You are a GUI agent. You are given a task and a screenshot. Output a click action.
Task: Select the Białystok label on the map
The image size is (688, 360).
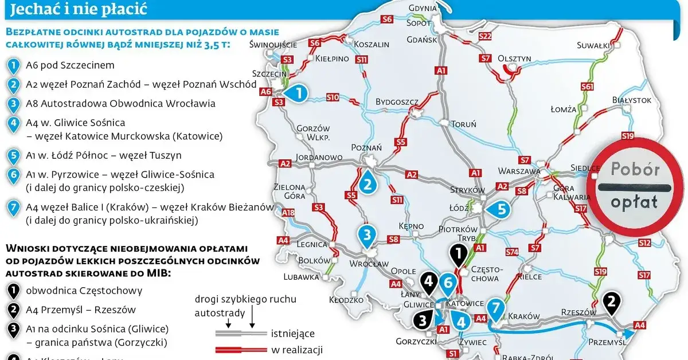pyautogui.click(x=632, y=100)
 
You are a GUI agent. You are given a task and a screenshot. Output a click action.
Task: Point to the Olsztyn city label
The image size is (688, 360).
pyautogui.click(x=514, y=58)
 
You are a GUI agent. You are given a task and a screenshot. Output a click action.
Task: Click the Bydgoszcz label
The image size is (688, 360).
pyautogui.click(x=397, y=102)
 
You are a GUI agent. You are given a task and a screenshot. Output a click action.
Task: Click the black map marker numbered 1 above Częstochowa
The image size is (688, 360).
pyautogui.click(x=458, y=253)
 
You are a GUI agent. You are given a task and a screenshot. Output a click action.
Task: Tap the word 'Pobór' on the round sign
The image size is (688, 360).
pyautogui.click(x=635, y=170)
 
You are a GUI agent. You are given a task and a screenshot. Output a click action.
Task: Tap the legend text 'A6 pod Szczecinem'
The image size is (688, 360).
pyautogui.click(x=70, y=66)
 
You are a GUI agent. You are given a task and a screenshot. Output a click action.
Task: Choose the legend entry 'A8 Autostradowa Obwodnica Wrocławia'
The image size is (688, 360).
pyautogui.click(x=120, y=104)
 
